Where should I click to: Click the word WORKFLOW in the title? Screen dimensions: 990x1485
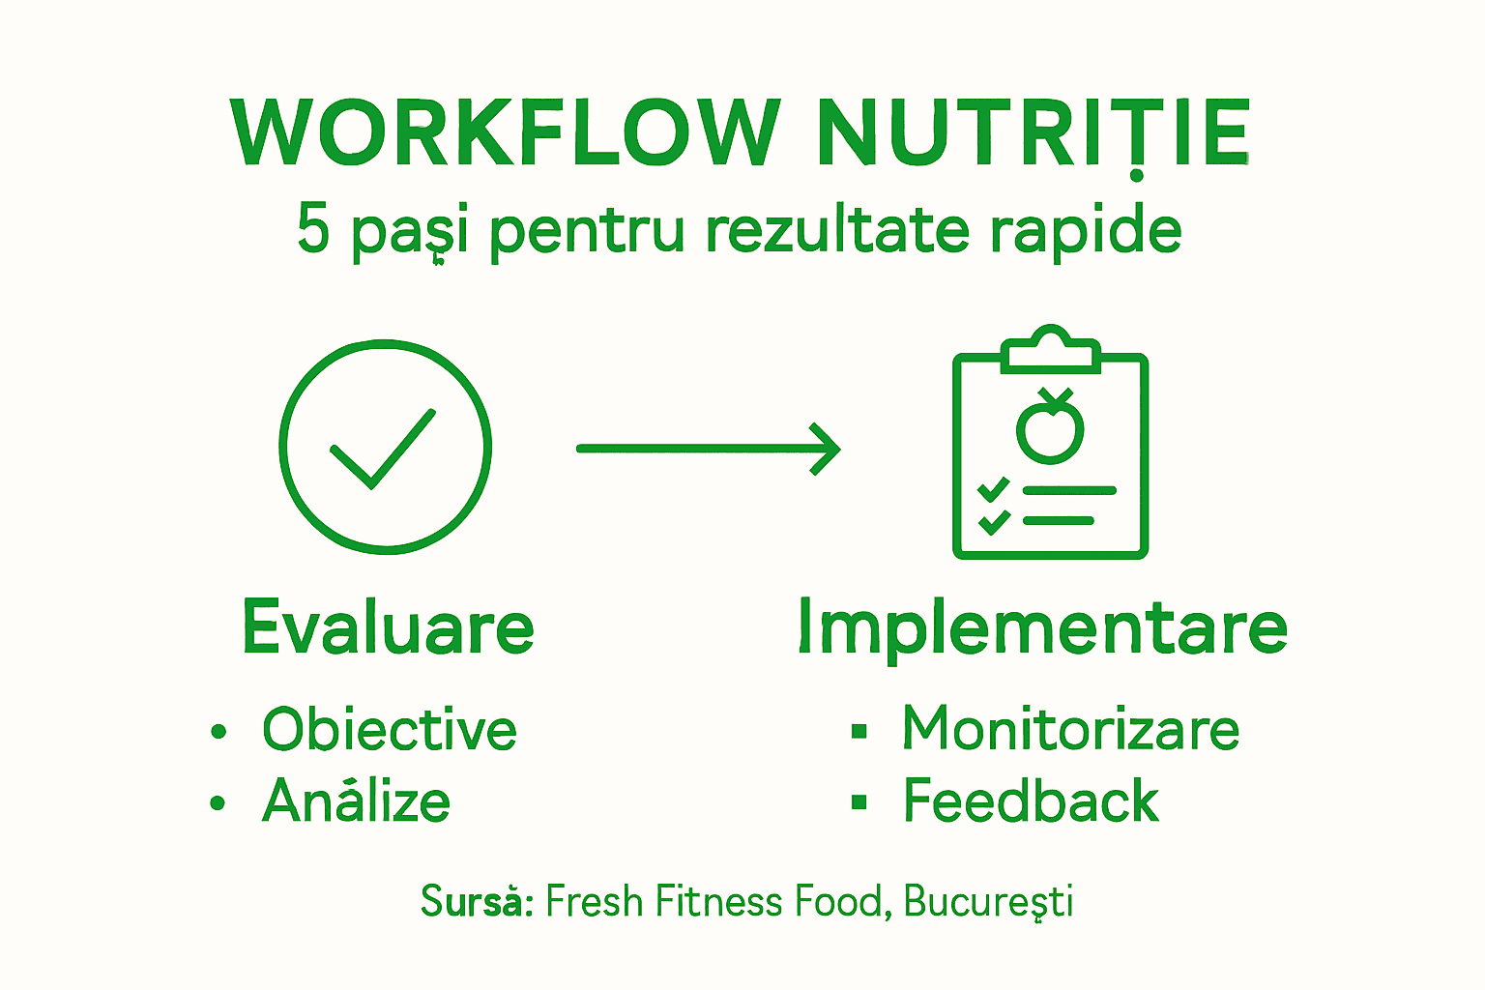coord(505,132)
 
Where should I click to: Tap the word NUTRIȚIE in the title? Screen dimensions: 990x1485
coord(1034,132)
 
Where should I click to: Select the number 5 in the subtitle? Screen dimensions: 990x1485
coord(313,229)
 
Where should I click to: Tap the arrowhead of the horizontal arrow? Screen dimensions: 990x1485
coord(826,449)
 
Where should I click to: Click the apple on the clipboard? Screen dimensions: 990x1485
coord(1050,427)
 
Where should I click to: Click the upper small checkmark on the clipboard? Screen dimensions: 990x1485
coord(993,489)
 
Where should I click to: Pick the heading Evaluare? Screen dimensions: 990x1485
coord(388,627)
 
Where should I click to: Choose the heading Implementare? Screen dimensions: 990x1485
coord(1042,627)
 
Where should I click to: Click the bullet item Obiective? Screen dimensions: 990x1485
coord(390,729)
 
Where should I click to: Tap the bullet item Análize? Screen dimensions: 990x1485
coord(357,801)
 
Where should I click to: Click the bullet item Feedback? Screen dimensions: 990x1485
coord(1031,801)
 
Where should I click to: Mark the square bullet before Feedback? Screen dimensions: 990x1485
coord(859,801)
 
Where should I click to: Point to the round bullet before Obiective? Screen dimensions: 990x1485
coord(218,731)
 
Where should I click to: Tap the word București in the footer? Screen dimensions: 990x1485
coord(988,901)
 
